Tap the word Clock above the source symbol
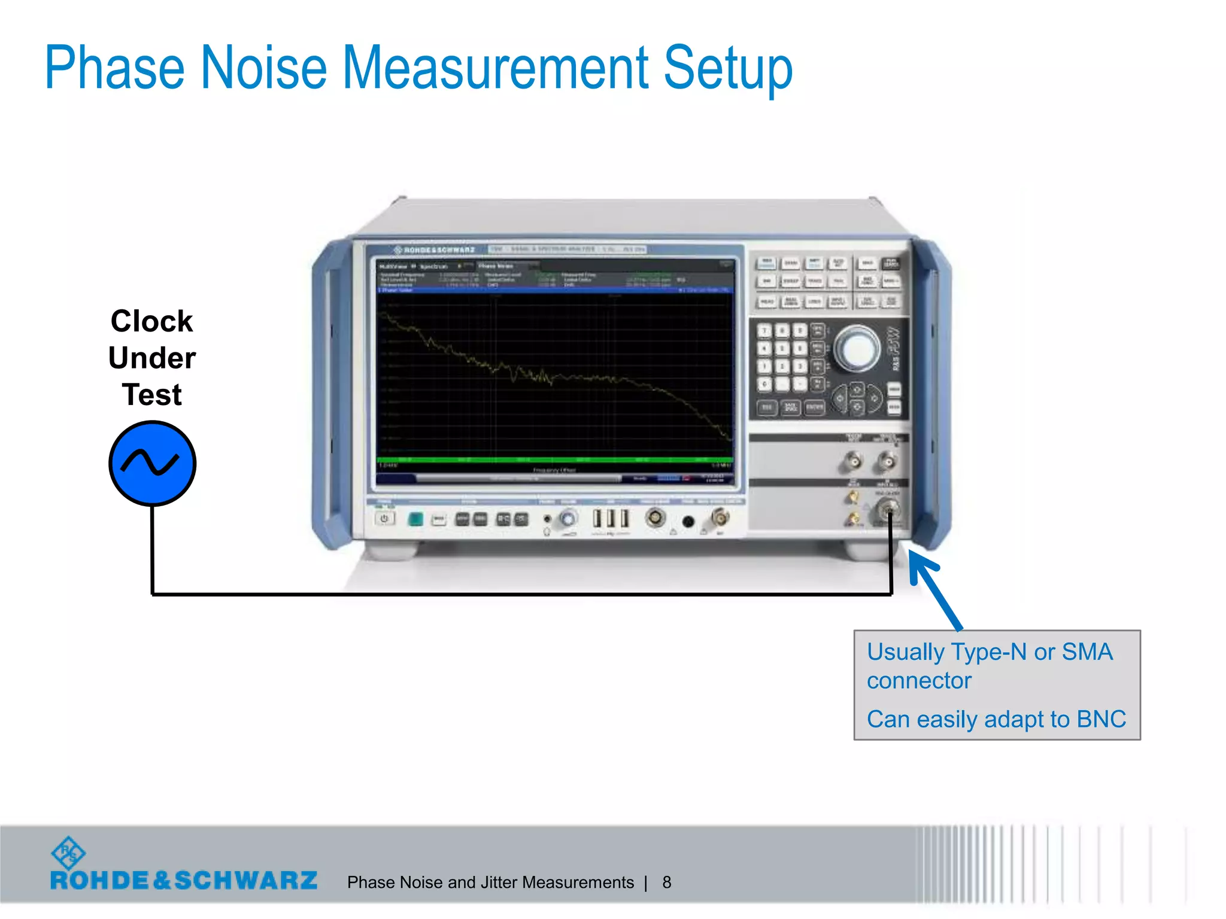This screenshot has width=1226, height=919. click(151, 321)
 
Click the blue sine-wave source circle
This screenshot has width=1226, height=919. click(153, 463)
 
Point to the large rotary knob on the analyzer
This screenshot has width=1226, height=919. click(857, 348)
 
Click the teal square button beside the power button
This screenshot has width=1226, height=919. click(415, 519)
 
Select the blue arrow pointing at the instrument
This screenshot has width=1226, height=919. click(934, 589)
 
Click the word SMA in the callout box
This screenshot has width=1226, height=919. click(1087, 652)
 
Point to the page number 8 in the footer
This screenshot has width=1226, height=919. click(666, 883)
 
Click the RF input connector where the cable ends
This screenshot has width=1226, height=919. click(889, 510)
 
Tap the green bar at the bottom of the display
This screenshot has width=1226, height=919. click(554, 459)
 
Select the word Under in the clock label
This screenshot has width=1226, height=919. click(152, 358)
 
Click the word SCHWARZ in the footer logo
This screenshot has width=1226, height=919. click(245, 881)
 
